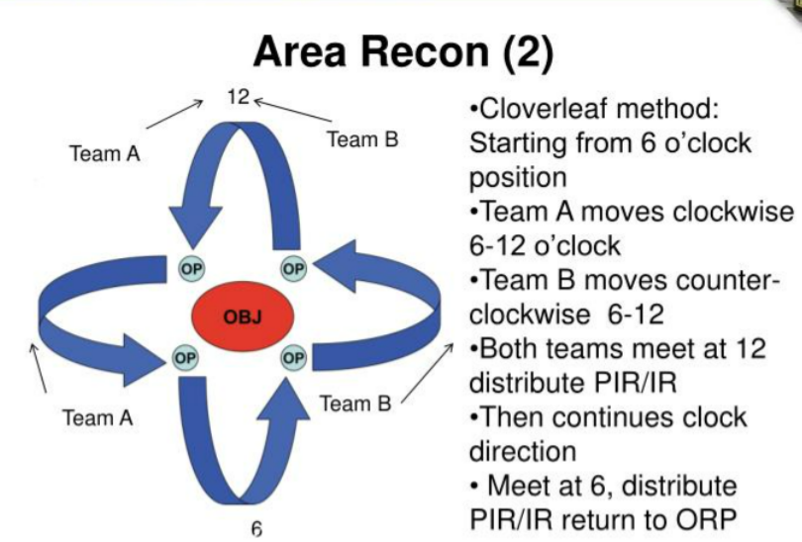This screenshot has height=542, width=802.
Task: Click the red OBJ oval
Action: [243, 316]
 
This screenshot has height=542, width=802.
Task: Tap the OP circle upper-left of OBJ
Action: [192, 269]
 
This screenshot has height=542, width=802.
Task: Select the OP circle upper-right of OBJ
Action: [294, 269]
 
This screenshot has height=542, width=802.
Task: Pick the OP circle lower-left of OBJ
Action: [185, 358]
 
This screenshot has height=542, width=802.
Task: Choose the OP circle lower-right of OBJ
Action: [294, 358]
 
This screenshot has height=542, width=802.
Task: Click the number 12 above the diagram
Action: [239, 97]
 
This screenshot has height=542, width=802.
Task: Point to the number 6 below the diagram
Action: [256, 529]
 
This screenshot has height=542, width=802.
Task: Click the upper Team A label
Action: [105, 153]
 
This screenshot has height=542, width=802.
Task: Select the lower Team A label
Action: [98, 417]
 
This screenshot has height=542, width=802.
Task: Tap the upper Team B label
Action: [362, 139]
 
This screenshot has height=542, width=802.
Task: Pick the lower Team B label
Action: [356, 404]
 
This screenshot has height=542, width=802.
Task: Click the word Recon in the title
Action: [425, 51]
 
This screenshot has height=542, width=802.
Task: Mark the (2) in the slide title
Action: [529, 53]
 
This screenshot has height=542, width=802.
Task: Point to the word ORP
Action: [706, 519]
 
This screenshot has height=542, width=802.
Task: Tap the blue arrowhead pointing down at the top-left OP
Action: [195, 227]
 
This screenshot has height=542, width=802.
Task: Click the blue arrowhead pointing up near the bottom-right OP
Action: [283, 399]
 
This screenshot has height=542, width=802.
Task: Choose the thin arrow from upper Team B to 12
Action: [292, 111]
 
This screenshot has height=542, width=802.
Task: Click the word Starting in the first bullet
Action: [518, 143]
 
